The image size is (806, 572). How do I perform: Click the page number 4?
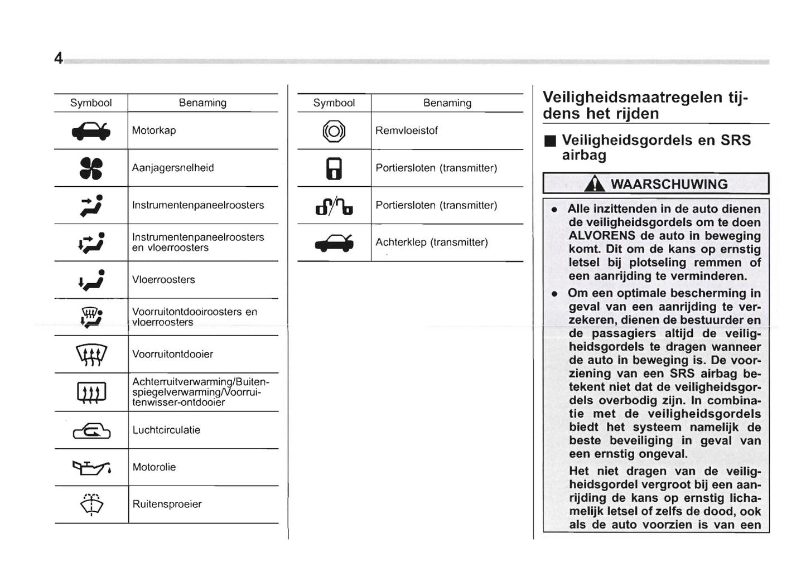58,58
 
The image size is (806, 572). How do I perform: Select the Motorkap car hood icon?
91,131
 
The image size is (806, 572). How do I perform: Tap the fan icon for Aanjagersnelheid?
91,168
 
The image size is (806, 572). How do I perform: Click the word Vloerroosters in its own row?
163,280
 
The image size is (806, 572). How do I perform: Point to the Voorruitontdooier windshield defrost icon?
91,354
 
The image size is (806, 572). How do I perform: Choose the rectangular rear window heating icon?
91,392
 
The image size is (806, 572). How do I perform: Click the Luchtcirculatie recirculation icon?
91,430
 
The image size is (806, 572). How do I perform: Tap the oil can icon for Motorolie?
91,467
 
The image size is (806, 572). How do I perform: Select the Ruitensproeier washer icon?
91,505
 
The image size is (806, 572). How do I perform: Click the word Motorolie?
154,467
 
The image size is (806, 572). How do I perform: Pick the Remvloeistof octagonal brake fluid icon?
334,131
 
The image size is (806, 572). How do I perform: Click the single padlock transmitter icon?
334,168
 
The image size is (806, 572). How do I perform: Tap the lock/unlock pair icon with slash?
334,206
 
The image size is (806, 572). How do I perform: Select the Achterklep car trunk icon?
334,243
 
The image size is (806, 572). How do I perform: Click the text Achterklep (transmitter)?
431,243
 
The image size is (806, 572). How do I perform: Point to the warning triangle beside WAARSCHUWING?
595,183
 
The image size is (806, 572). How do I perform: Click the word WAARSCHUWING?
669,184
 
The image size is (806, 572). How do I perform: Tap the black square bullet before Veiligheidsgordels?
551,141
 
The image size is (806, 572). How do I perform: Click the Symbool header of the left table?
91,103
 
